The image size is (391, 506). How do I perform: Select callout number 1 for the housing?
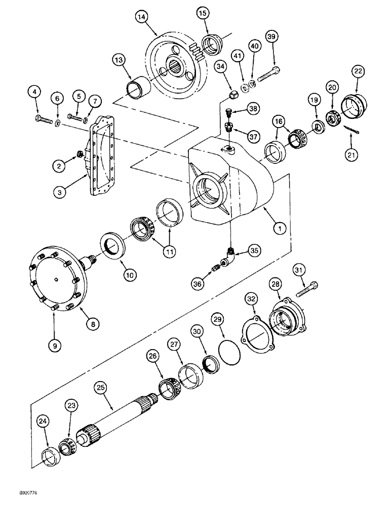coord(278,228)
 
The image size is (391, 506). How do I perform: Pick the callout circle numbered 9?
coord(55,345)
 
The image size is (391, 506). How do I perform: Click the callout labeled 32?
coord(252,300)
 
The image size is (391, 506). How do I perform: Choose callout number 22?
coord(359,72)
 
